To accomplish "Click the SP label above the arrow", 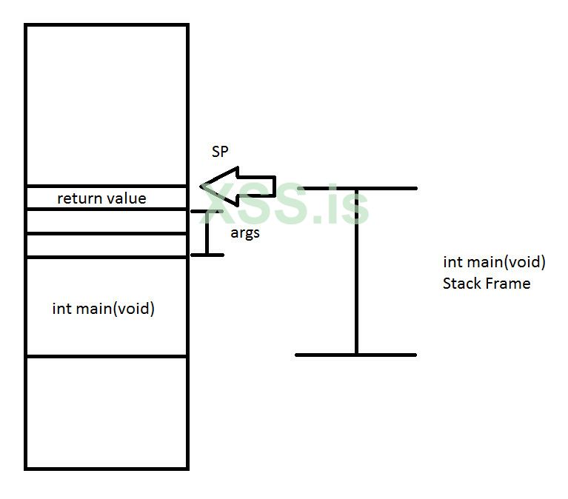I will tap(220, 152).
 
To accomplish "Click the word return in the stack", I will tap(77, 198).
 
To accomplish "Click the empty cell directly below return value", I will tap(107, 221).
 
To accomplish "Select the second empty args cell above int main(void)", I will tap(107, 245).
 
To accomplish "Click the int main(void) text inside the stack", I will tap(104, 308).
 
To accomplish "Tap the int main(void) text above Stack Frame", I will tap(494, 262).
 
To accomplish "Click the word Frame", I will tap(507, 283).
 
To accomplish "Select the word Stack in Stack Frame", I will tap(461, 283).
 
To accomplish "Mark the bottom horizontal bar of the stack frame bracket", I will tap(356, 355).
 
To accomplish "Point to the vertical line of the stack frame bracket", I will tap(356, 274).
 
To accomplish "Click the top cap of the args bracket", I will tap(207, 212).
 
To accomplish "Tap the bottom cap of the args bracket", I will tap(207, 255).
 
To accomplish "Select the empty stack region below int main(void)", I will tap(107, 412).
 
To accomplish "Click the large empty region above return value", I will tap(107, 104).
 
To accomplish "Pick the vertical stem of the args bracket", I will tap(207, 234).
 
